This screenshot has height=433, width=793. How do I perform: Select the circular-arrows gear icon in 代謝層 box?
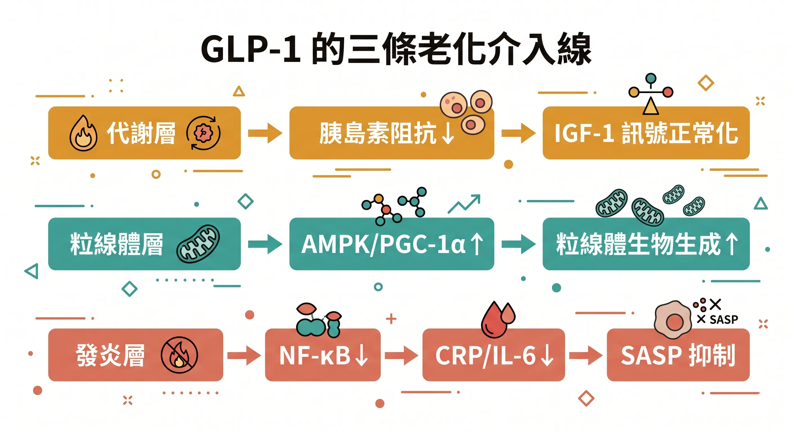click(x=203, y=133)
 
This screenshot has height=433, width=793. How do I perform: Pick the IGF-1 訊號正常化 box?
click(x=645, y=133)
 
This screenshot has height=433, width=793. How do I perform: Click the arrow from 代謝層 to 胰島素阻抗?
click(x=265, y=133)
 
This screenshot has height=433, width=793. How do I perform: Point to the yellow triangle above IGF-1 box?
click(x=651, y=107)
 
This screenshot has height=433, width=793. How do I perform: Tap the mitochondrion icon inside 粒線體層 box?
click(x=198, y=244)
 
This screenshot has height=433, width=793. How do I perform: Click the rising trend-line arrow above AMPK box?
click(x=464, y=204)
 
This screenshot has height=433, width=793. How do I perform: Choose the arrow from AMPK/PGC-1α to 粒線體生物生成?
click(x=518, y=244)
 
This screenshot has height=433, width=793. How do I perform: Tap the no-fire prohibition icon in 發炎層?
click(x=179, y=355)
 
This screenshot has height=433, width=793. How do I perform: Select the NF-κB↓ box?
click(x=322, y=355)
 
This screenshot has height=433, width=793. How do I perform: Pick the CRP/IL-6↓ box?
click(x=493, y=355)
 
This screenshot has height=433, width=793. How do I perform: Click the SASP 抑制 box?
click(x=678, y=355)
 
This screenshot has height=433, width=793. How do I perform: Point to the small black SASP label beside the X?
click(x=723, y=320)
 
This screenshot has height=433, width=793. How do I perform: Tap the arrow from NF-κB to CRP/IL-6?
click(x=401, y=355)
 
